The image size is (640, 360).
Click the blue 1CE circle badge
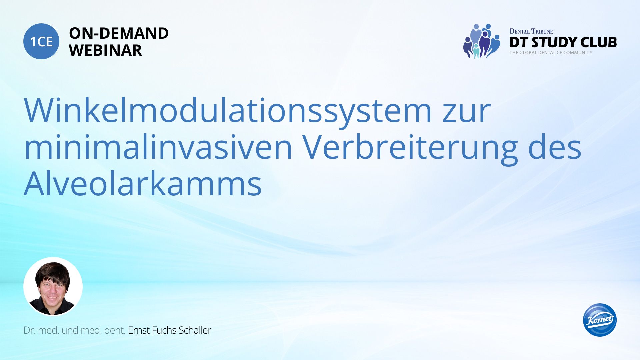[41, 41]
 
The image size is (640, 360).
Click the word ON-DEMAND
[119, 33]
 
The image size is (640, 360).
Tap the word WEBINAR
[105, 50]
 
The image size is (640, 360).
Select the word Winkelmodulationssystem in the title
[228, 111]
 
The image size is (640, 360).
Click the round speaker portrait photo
[53, 286]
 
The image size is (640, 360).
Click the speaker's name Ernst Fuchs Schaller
[170, 330]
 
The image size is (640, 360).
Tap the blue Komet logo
[600, 320]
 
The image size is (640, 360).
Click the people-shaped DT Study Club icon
[481, 41]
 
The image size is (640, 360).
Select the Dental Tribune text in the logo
[531, 31]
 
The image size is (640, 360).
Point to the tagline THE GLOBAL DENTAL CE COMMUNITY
[551, 53]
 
